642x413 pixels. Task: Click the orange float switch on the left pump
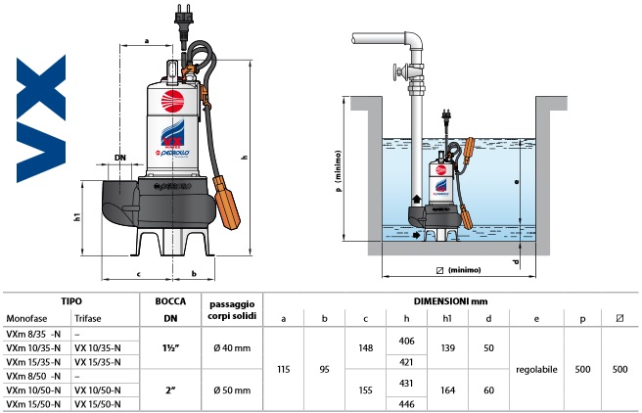click(x=228, y=201)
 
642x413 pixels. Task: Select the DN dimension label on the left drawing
click(x=120, y=157)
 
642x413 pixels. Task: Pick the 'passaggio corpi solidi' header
click(x=231, y=311)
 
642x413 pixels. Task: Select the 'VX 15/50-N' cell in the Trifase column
click(x=96, y=402)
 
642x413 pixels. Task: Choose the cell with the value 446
click(x=408, y=402)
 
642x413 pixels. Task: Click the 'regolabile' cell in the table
click(x=536, y=370)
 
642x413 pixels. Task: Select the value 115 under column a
click(x=285, y=370)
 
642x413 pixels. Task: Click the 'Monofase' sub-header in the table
click(x=26, y=320)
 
